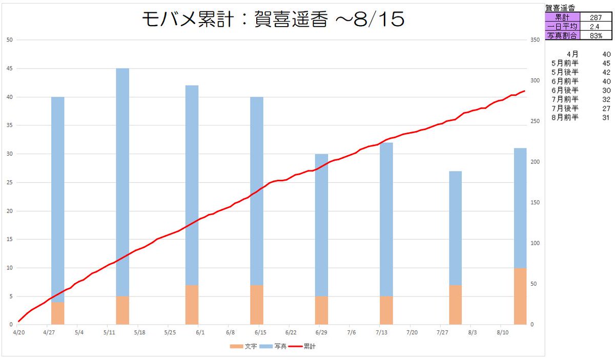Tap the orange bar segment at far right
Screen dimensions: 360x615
[x=520, y=296]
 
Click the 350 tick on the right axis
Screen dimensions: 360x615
[x=536, y=40]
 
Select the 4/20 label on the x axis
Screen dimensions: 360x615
[x=18, y=332]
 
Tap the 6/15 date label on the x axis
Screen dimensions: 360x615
[x=260, y=332]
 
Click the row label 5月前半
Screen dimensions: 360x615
[x=565, y=63]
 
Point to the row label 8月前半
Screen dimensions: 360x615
[x=565, y=117]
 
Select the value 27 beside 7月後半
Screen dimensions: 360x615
[x=606, y=108]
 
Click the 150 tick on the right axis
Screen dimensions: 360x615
[x=536, y=203]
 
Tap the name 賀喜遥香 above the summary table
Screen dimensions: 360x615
[x=561, y=8]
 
